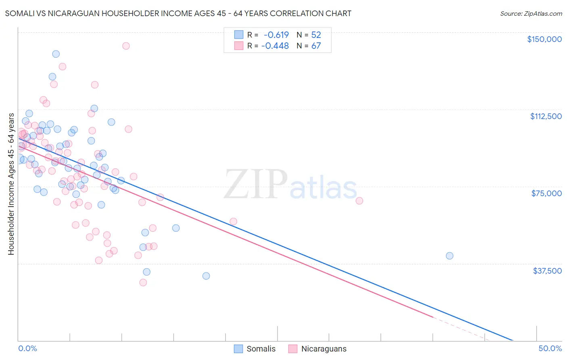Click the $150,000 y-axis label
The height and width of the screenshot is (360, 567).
click(x=544, y=39)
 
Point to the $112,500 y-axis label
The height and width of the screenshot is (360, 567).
click(x=546, y=116)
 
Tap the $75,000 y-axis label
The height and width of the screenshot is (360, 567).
click(x=546, y=193)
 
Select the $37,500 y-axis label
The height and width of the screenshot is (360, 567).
click(x=547, y=271)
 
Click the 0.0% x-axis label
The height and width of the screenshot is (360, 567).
click(x=27, y=348)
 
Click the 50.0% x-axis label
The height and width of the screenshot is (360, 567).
click(x=550, y=348)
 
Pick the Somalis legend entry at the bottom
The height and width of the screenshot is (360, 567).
click(x=255, y=349)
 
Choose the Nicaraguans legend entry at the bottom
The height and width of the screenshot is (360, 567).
click(x=318, y=349)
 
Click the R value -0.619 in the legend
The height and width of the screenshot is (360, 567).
click(x=276, y=35)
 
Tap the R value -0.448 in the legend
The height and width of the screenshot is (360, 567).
click(x=275, y=46)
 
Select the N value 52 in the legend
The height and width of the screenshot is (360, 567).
click(x=316, y=35)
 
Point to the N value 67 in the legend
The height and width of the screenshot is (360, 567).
click(x=316, y=46)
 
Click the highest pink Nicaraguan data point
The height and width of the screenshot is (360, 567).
click(x=126, y=46)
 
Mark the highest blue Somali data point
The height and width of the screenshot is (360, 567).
click(x=56, y=54)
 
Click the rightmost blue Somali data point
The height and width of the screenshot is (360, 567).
click(x=450, y=255)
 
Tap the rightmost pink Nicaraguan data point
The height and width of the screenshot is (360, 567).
click(x=359, y=201)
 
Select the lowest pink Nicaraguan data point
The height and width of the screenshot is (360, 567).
click(x=143, y=283)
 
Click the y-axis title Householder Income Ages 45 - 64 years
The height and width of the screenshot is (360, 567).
click(x=11, y=184)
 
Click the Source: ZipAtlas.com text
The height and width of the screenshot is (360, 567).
click(x=531, y=14)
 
